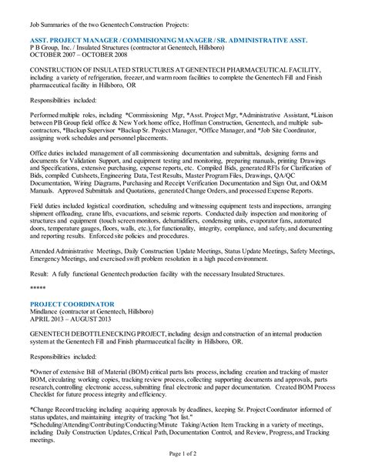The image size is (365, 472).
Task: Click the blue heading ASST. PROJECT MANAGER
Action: pos(77,38)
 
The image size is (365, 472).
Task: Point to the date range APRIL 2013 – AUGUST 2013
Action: pos(72,321)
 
